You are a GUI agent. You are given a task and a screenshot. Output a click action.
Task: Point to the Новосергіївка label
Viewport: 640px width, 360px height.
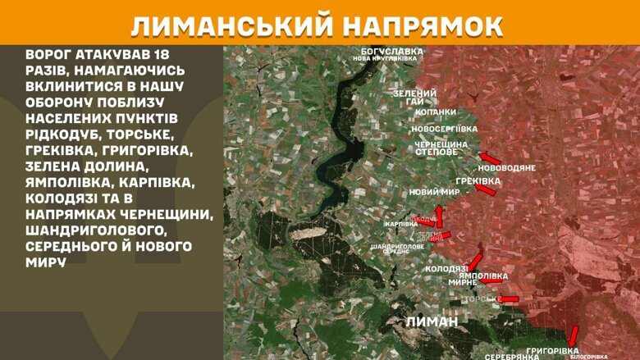click(444, 129)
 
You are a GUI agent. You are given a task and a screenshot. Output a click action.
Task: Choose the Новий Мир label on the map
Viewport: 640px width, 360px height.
click(432, 193)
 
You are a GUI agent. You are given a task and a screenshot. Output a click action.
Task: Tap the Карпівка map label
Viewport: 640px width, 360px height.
click(401, 224)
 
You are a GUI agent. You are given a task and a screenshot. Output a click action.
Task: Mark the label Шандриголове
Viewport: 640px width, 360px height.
click(397, 245)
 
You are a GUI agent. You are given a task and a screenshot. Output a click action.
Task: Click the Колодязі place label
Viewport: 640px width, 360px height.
click(446, 269)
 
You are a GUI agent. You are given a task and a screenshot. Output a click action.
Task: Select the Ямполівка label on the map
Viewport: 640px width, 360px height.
click(482, 276)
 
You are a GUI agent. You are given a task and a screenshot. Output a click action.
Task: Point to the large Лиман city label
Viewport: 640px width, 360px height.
click(432, 321)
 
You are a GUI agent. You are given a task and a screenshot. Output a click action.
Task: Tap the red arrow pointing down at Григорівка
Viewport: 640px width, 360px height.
click(574, 335)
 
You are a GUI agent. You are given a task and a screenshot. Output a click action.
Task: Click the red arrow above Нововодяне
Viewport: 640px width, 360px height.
click(490, 157)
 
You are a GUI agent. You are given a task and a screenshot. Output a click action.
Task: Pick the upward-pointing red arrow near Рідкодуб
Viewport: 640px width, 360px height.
click(438, 216)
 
